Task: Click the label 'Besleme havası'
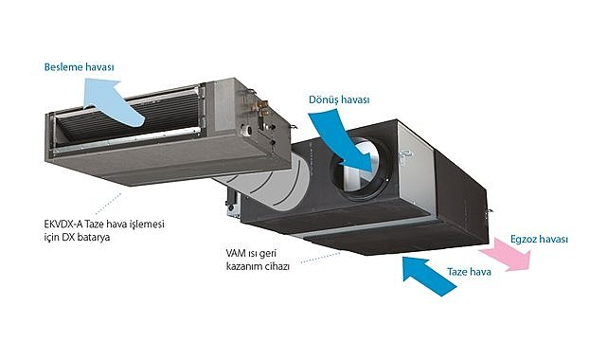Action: [79, 68]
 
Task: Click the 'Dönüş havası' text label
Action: [338, 99]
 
